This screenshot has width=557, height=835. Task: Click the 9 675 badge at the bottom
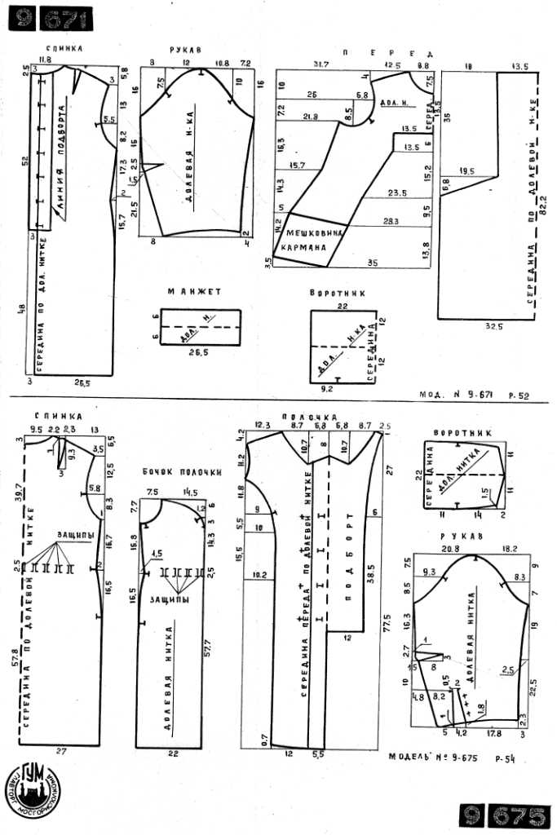pos(503,815)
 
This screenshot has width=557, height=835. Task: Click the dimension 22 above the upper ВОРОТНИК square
pos(343,305)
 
